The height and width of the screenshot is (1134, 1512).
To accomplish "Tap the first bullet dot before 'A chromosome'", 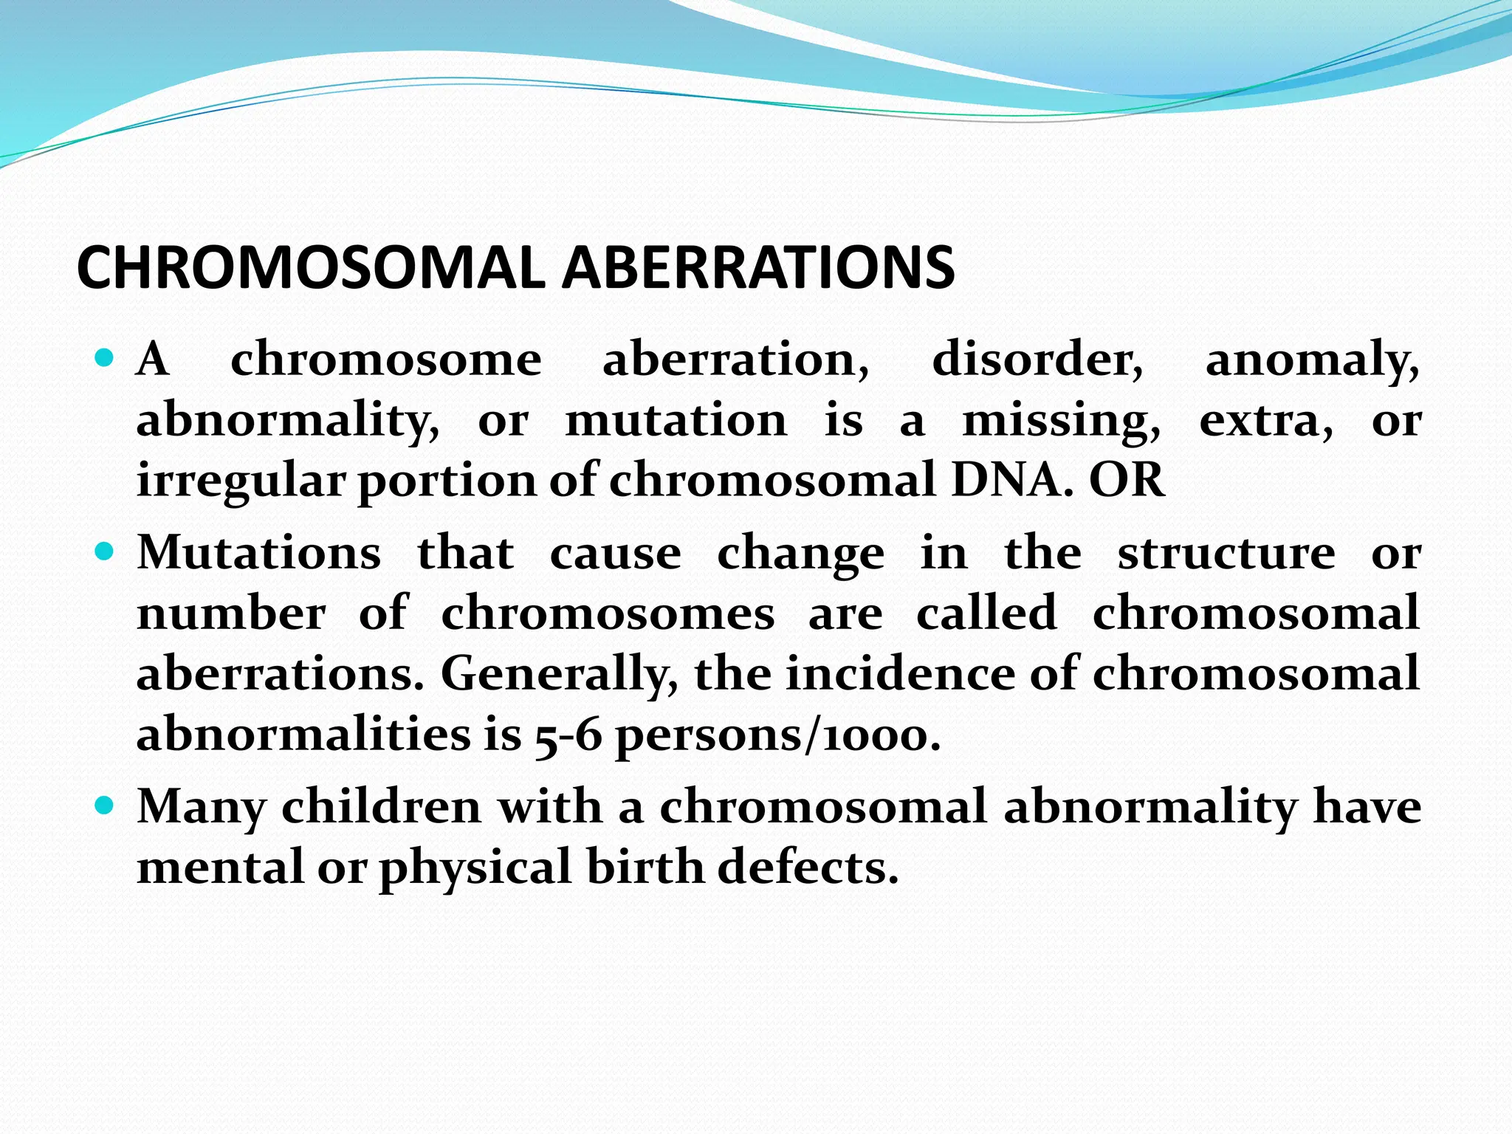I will click(x=105, y=360).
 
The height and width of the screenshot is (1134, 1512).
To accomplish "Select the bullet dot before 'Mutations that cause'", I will click(x=105, y=552).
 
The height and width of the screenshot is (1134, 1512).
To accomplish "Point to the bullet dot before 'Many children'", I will click(x=105, y=805).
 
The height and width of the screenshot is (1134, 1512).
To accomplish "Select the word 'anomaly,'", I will click(x=1312, y=362).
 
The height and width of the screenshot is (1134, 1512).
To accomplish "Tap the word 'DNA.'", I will click(x=1012, y=481).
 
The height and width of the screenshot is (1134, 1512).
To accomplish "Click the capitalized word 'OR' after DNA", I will click(x=1127, y=481).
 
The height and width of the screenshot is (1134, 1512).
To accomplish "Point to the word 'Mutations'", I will click(x=259, y=553).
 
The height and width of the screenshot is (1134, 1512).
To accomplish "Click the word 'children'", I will click(x=382, y=806).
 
